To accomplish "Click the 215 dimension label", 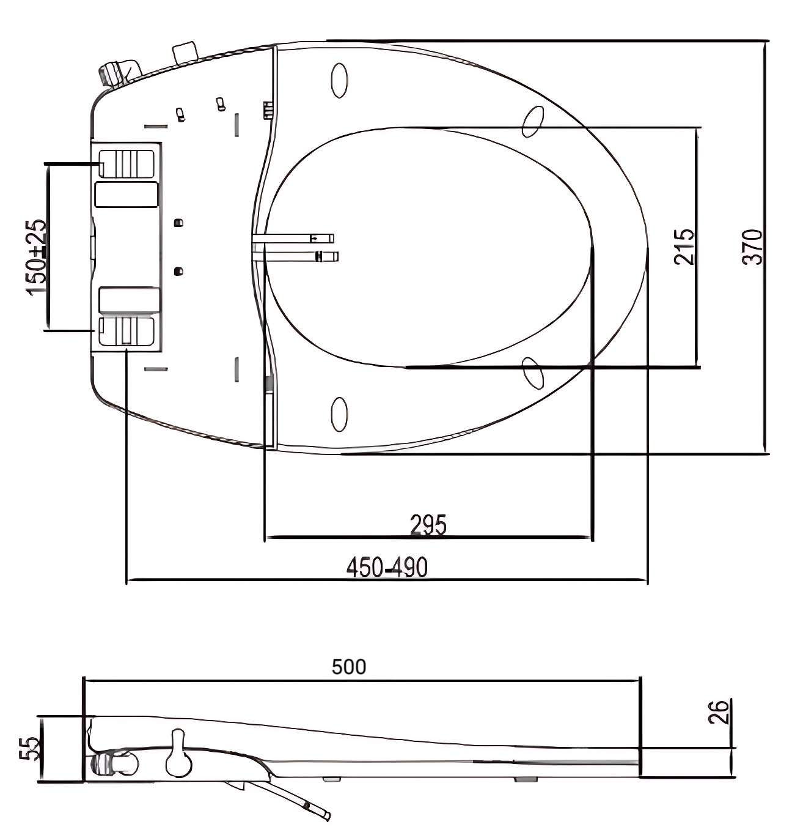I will click(684, 247).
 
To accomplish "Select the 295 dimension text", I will click(428, 525).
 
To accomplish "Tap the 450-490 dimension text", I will click(387, 568).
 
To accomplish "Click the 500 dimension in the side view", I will click(349, 666).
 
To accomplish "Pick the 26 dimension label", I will click(722, 713).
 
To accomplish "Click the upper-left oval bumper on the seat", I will click(339, 80).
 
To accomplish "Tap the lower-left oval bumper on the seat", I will click(339, 414).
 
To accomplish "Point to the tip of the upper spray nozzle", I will click(331, 237).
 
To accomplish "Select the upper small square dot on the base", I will click(178, 222).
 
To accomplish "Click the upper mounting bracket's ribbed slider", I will click(127, 163).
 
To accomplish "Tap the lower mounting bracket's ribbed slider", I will click(127, 331).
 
